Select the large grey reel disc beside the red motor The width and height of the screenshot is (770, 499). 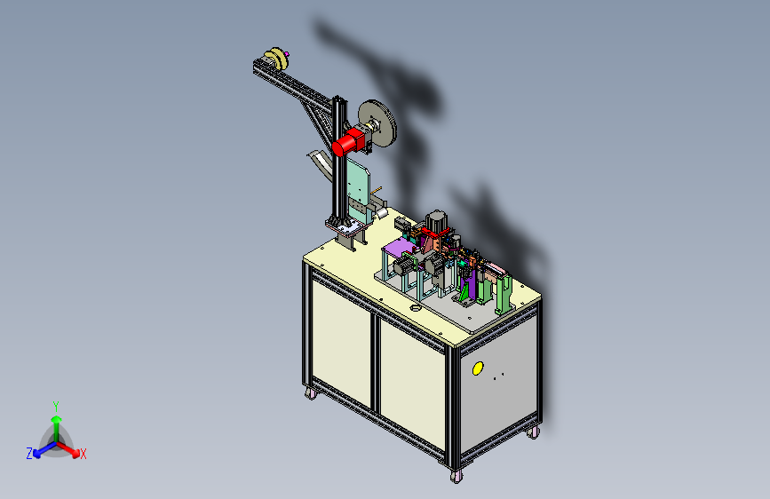click(377, 123)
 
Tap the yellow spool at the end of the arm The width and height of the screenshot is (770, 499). click(276, 58)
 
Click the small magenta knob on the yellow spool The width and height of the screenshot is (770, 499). click(287, 54)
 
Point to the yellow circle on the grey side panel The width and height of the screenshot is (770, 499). click(478, 368)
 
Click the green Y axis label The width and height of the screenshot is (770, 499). click(56, 407)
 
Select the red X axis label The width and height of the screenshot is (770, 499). click(83, 455)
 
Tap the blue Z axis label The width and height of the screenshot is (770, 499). click(29, 454)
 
